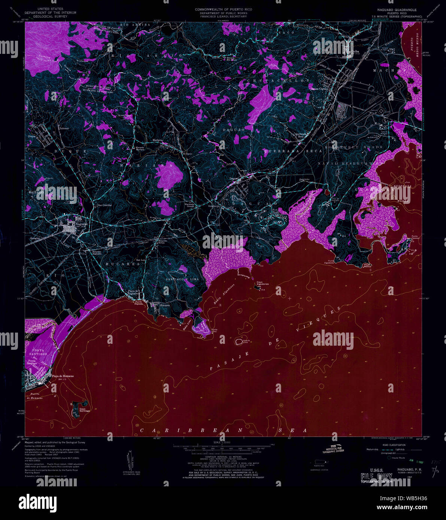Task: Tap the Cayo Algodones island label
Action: [x=263, y=283]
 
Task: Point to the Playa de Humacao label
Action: [x=63, y=376]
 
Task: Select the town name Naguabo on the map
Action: [x=81, y=224]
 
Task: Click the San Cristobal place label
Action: [x=104, y=205]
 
